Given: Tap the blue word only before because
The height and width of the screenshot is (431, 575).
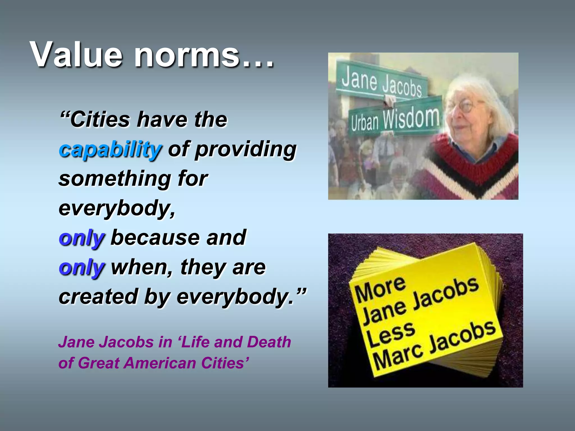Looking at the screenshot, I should [82, 238].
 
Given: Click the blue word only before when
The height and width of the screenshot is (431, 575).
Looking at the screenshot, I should [82, 268].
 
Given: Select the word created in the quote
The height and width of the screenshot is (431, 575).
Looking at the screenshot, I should [98, 297].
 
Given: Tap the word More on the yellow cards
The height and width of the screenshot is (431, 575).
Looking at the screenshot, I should [380, 289].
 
